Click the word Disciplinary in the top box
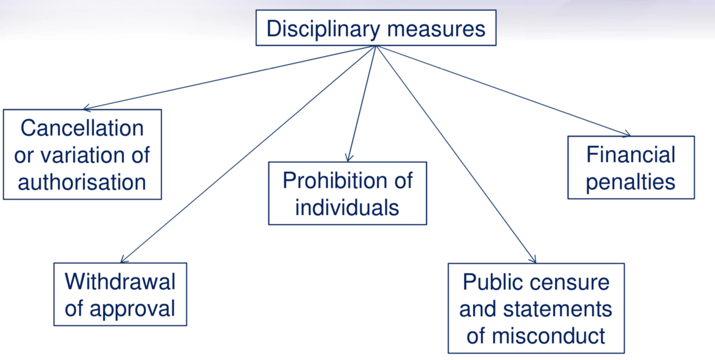click(x=324, y=28)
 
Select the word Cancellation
click(x=82, y=128)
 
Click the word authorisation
click(x=82, y=182)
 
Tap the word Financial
click(x=631, y=155)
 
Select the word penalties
click(x=631, y=182)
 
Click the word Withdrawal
click(x=120, y=281)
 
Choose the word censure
click(x=575, y=282)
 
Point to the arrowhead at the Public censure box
click(x=534, y=261)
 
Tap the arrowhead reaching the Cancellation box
click(x=86, y=109)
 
